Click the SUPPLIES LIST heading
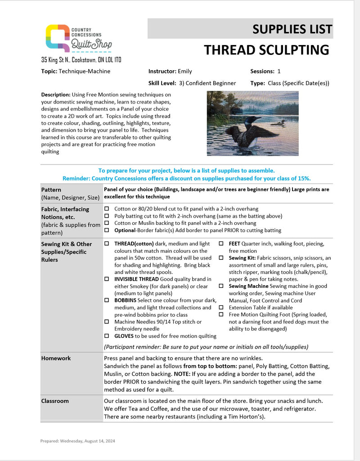292,29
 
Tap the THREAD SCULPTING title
266,49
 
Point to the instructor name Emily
185,71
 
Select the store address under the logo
81,60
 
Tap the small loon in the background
279,122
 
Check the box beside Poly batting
107,216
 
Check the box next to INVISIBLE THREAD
107,279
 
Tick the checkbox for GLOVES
107,336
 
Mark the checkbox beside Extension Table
221,307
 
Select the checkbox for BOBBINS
107,300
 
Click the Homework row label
56,358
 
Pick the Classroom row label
55,400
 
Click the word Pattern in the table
51,190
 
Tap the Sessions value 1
279,71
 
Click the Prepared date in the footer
77,441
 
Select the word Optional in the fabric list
125,230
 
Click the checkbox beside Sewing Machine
221,286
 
